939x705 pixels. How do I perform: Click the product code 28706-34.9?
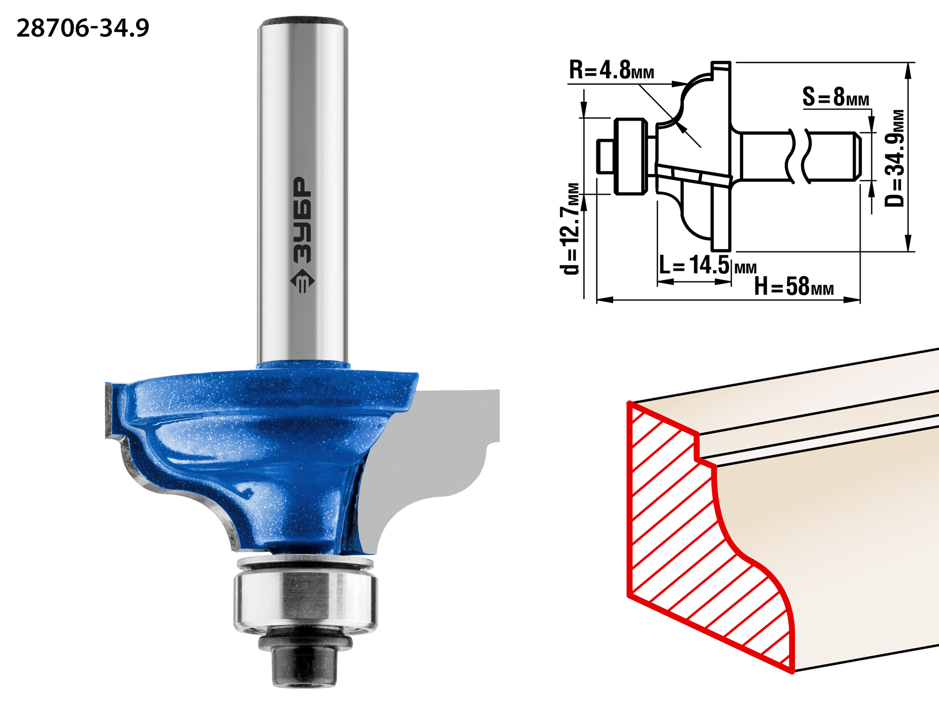tap(83, 28)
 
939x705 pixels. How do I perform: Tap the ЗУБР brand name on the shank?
tap(302, 220)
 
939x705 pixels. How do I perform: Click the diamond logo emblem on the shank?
tap(302, 281)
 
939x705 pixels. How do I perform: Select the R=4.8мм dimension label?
tap(611, 70)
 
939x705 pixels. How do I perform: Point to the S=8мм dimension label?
tap(836, 97)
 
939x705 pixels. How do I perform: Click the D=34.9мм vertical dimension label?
tap(894, 158)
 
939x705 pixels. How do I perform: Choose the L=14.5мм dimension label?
tap(708, 265)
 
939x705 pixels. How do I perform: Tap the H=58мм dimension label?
tap(794, 286)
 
